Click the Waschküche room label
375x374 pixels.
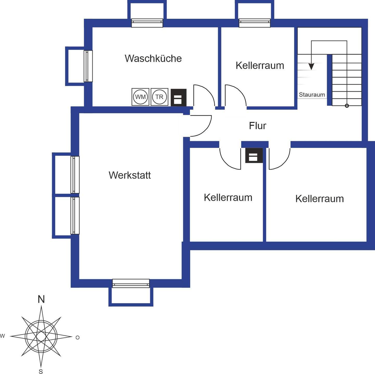(x=153, y=58)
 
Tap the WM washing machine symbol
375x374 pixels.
(x=140, y=97)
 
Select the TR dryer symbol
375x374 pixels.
(x=159, y=97)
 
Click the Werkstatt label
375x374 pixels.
(x=130, y=175)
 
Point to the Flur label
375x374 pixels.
(x=258, y=126)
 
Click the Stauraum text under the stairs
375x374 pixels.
(x=312, y=95)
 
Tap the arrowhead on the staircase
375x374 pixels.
(x=311, y=66)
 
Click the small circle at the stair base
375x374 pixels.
(x=347, y=105)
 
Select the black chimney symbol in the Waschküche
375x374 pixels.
(x=178, y=97)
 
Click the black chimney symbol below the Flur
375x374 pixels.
(x=254, y=155)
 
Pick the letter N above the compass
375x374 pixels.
(x=41, y=299)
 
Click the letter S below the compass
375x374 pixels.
(x=41, y=372)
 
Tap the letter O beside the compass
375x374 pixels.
(x=77, y=338)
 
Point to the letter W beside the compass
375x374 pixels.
(x=2, y=336)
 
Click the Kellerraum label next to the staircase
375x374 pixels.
(x=260, y=66)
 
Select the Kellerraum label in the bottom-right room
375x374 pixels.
(x=320, y=199)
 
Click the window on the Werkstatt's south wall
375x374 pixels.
(x=131, y=283)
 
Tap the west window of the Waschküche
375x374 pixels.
(x=88, y=66)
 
